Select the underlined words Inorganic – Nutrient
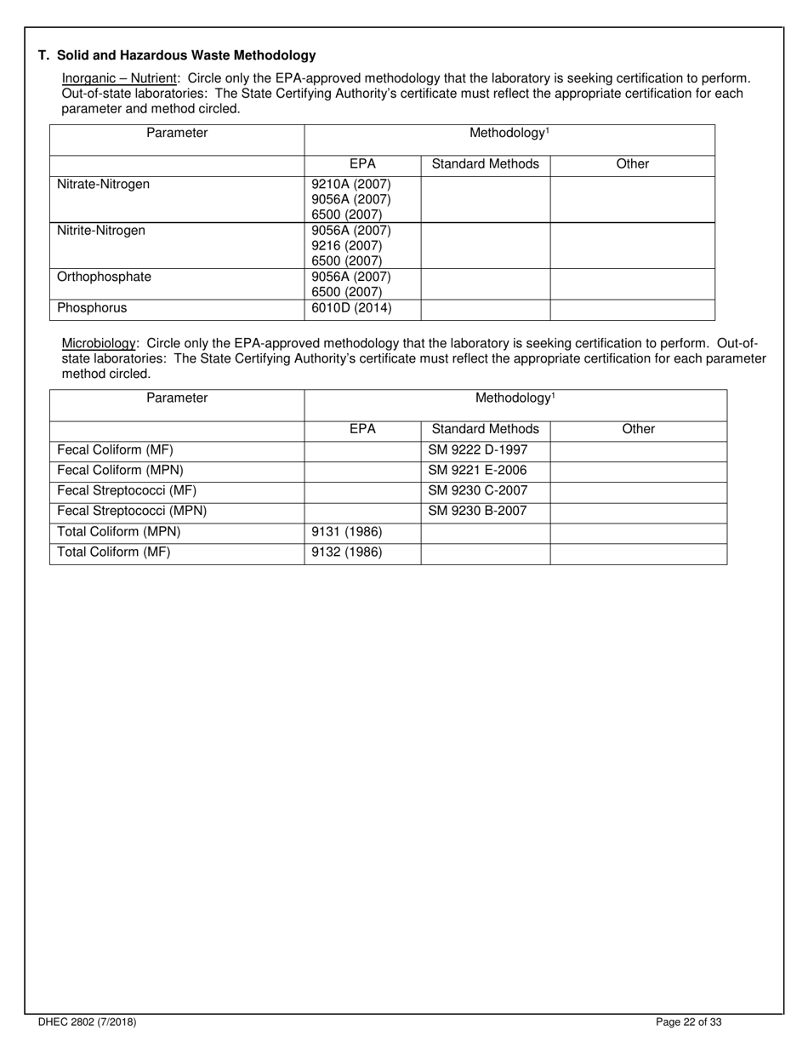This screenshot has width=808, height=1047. (x=118, y=78)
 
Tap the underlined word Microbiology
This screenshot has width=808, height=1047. (x=99, y=343)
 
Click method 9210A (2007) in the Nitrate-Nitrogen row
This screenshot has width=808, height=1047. (x=351, y=184)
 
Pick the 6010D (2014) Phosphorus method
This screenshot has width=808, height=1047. (x=351, y=308)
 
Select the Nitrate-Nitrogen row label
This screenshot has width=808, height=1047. (x=103, y=184)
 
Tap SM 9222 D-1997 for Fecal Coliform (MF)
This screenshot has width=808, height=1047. (x=477, y=449)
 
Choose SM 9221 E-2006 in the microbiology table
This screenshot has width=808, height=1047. (x=477, y=470)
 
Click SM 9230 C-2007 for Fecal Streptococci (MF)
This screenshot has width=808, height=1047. (x=477, y=490)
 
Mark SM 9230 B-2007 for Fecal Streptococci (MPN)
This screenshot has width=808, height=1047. (x=477, y=511)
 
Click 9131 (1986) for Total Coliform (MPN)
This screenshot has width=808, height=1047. (x=347, y=532)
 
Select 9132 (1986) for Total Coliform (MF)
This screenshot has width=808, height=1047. (x=347, y=552)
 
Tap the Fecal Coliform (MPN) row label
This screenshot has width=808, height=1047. (x=120, y=470)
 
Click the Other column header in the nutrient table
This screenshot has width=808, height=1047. (x=632, y=163)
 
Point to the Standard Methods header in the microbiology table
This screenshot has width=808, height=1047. (x=485, y=429)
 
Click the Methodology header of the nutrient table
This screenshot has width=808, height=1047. (x=509, y=133)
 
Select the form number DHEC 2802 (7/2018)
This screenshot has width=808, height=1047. (x=87, y=1022)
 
